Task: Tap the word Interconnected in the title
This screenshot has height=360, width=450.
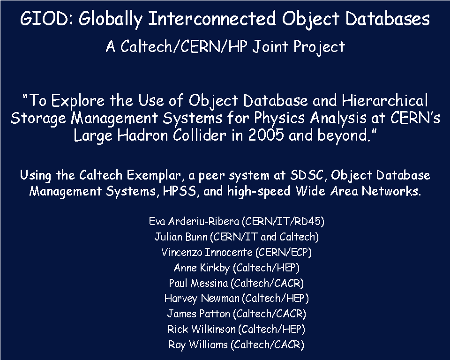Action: [x=212, y=18]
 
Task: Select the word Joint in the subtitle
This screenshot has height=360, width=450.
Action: [x=270, y=46]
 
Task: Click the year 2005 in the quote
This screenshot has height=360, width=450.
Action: [x=266, y=135]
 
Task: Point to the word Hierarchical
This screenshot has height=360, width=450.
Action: [x=384, y=100]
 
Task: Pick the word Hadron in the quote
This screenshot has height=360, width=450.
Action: [x=142, y=135]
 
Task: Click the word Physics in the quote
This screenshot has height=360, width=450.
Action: [x=279, y=118]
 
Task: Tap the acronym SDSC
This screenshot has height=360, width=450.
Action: [x=307, y=175]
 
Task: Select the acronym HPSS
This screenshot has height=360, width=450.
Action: [x=180, y=191]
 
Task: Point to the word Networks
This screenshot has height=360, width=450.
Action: [x=391, y=191]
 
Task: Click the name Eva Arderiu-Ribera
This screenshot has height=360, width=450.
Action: [x=194, y=221]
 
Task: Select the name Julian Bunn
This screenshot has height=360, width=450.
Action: [x=181, y=237]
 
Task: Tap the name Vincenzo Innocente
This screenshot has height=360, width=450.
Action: [x=207, y=252]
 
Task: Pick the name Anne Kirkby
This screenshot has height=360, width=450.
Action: [x=202, y=268]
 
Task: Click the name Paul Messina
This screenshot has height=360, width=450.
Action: [x=198, y=283]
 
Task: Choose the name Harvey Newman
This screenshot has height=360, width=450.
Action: [x=202, y=298]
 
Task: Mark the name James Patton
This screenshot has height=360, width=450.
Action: [x=199, y=314]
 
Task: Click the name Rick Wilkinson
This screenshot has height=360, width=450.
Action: [x=202, y=329]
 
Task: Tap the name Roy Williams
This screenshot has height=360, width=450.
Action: [x=198, y=345]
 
